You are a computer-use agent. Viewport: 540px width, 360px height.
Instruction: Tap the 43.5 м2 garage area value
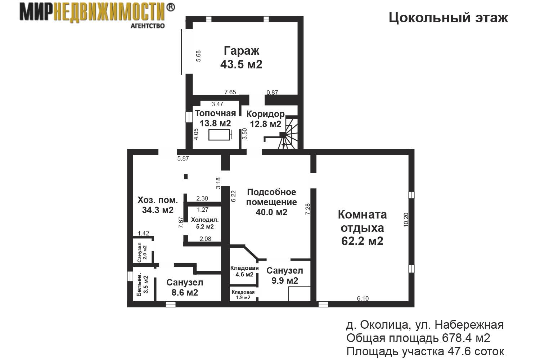241,64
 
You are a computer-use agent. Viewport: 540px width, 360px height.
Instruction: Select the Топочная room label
215,113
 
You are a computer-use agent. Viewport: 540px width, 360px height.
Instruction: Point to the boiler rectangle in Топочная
219,135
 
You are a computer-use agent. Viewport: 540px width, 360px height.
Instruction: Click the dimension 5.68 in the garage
198,56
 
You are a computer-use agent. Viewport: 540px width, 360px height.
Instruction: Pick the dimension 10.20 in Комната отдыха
406,220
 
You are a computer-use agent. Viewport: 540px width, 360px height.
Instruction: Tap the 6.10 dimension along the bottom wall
363,298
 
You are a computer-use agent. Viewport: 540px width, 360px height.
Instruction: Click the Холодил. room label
205,220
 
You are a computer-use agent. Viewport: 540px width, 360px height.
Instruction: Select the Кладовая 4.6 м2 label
244,271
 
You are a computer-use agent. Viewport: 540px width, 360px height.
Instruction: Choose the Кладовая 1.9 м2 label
243,294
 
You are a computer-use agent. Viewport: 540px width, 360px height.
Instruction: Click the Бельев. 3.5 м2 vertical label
142,284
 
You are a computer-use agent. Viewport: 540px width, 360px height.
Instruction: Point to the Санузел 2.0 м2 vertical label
142,252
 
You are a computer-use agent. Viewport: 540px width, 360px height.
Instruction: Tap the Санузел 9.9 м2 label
285,276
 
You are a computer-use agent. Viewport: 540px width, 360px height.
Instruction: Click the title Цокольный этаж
448,18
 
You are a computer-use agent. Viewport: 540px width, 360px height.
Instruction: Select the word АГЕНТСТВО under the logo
148,26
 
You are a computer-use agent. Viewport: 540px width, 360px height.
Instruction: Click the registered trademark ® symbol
170,8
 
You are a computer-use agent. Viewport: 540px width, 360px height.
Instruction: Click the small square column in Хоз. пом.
186,177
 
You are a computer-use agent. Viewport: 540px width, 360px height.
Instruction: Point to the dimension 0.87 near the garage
272,93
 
